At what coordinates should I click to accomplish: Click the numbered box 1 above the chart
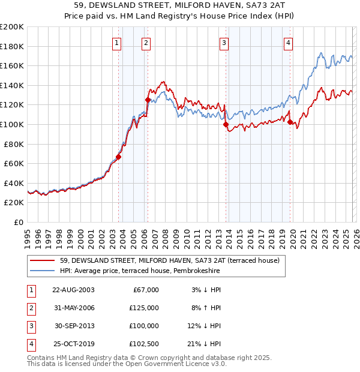pyautogui.click(x=116, y=43)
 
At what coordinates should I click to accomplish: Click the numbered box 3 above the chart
pyautogui.click(x=224, y=43)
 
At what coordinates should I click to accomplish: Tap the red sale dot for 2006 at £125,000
pyautogui.click(x=148, y=100)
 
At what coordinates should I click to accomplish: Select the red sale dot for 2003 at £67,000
pyautogui.click(x=118, y=157)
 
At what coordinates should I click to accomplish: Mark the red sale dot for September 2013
pyautogui.click(x=226, y=124)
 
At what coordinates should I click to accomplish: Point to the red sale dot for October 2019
pyautogui.click(x=290, y=122)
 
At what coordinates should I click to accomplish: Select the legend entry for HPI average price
pyautogui.click(x=140, y=271)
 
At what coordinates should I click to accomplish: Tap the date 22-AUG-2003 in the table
pyautogui.click(x=73, y=290)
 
